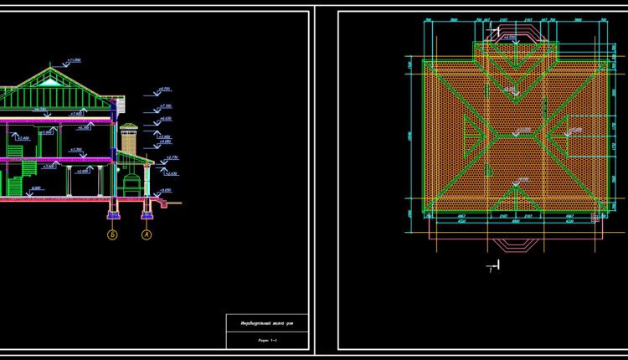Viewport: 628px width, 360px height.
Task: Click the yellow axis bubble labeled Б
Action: (x=112, y=236)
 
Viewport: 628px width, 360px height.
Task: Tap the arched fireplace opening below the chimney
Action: (x=130, y=182)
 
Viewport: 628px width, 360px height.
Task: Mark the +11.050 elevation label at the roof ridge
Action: (x=73, y=61)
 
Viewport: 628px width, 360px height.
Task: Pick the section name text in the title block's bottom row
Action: (x=268, y=341)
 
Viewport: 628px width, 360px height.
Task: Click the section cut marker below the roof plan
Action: (x=494, y=267)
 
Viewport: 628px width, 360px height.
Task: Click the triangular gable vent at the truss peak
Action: (x=56, y=81)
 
